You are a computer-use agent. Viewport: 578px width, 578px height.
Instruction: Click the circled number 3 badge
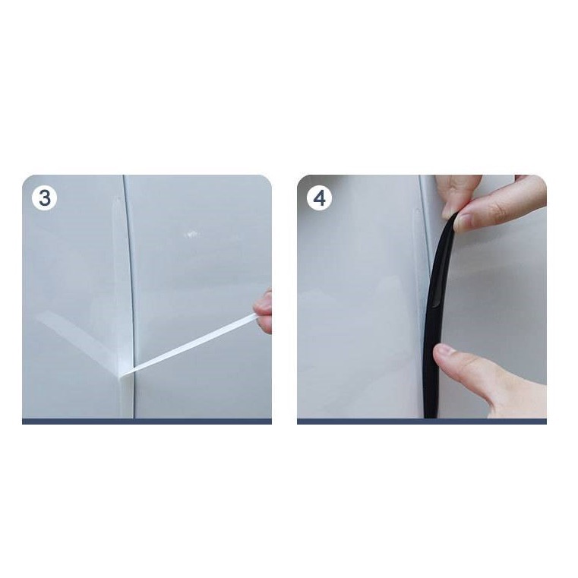click(44, 198)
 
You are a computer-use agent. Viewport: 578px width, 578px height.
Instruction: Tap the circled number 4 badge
click(319, 198)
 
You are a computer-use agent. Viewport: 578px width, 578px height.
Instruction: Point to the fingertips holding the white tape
click(264, 312)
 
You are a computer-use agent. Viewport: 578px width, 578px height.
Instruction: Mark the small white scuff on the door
click(191, 234)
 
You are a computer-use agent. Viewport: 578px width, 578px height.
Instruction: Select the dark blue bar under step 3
click(147, 422)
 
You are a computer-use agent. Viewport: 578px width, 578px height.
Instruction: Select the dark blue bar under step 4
click(422, 422)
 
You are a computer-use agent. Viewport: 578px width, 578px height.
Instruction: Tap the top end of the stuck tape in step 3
click(118, 200)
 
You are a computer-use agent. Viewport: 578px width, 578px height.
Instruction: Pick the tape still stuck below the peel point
click(125, 397)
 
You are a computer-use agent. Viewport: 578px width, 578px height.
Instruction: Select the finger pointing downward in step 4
click(459, 195)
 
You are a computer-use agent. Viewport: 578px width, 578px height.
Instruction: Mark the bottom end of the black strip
click(430, 416)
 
